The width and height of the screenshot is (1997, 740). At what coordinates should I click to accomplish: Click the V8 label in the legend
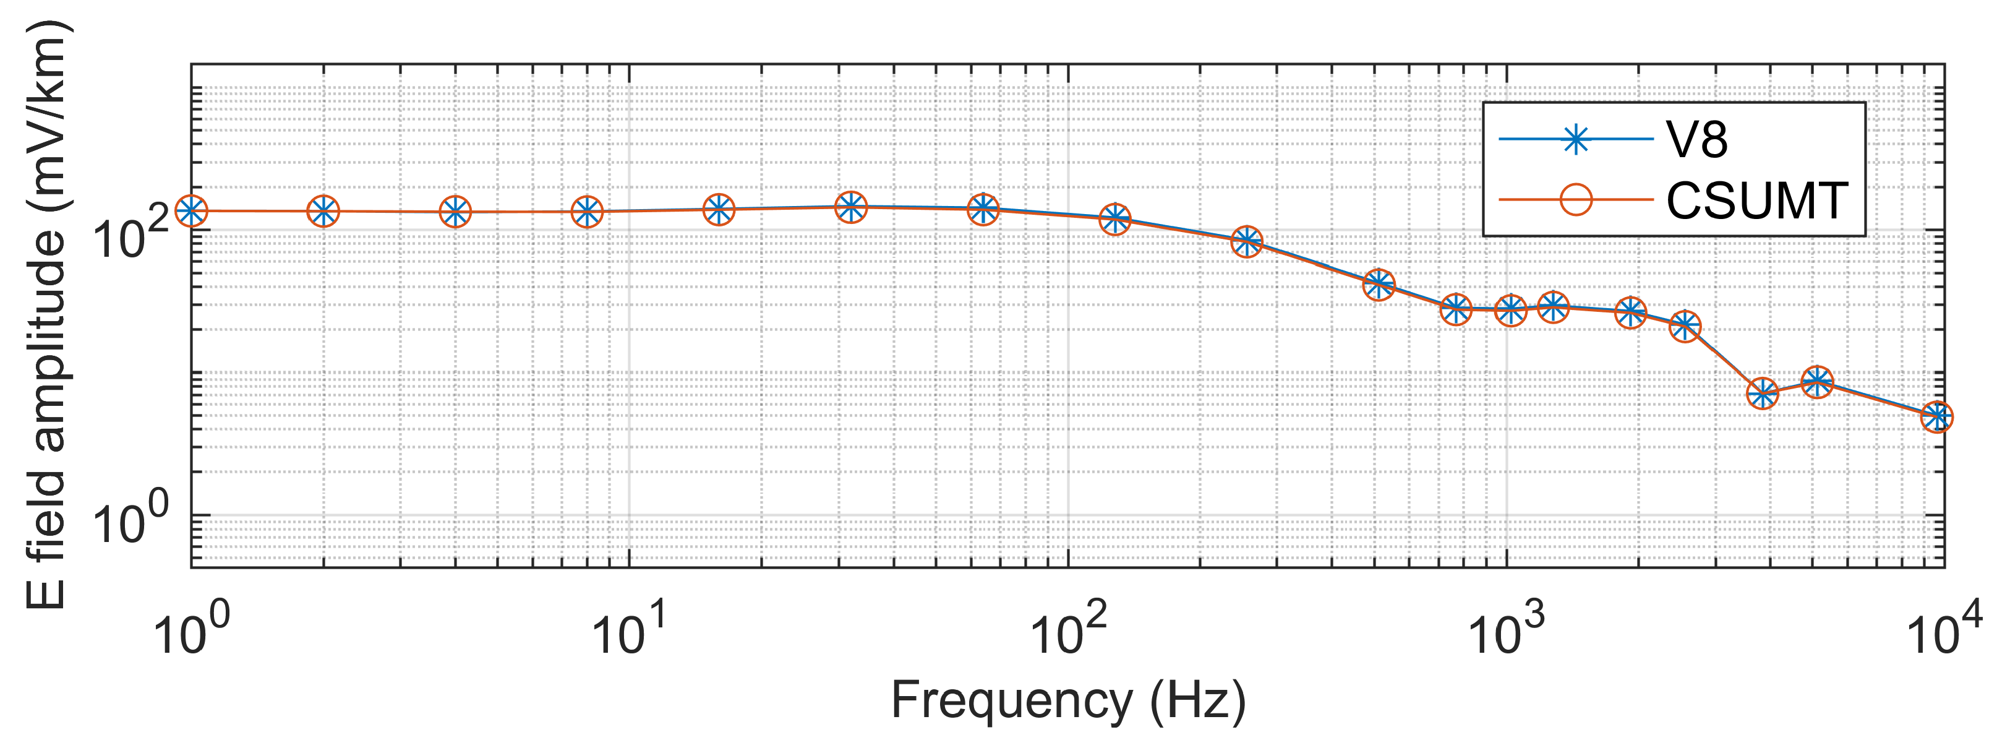click(x=1697, y=141)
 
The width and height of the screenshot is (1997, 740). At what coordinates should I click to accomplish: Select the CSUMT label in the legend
click(x=1756, y=201)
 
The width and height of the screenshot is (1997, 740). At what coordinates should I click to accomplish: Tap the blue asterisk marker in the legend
click(x=1575, y=140)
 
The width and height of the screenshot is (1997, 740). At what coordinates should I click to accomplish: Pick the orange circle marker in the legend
click(x=1575, y=200)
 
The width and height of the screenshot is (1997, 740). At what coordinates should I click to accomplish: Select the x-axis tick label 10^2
click(x=1068, y=628)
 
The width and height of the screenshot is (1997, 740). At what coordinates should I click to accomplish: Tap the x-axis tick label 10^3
click(x=1507, y=628)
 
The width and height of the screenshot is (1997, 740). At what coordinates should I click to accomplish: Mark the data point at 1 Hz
click(x=192, y=210)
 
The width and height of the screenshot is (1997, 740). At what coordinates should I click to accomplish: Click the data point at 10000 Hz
click(x=1937, y=417)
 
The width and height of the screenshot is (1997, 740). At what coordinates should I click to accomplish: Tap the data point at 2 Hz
click(x=323, y=211)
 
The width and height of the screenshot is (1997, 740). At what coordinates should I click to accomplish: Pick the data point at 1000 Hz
click(x=1510, y=310)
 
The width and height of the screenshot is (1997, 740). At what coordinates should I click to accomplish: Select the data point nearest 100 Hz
click(x=1115, y=219)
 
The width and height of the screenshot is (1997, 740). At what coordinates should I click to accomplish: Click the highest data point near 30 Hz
click(x=851, y=206)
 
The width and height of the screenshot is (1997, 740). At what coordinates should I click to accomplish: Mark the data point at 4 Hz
click(x=456, y=212)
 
